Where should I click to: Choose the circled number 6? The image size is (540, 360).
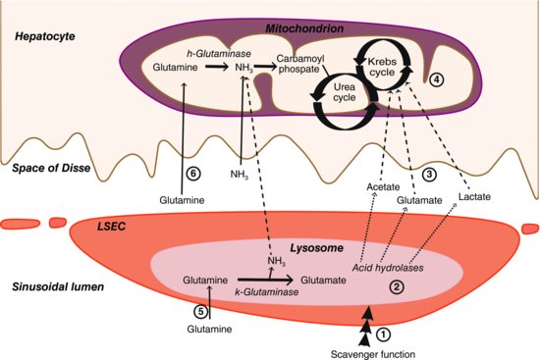(193, 173)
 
